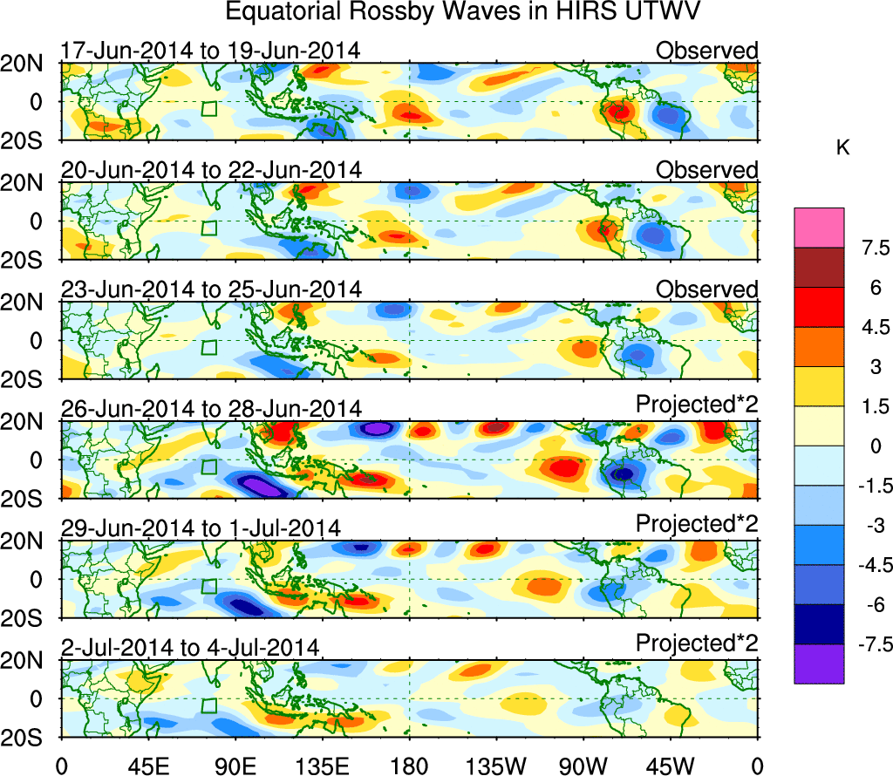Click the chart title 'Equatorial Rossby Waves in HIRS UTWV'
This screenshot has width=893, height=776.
(x=446, y=12)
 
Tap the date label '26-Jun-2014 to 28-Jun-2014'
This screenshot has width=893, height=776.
(x=210, y=408)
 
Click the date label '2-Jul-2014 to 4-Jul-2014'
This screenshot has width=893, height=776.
(x=191, y=647)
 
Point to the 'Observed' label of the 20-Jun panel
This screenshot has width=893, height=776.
(x=706, y=170)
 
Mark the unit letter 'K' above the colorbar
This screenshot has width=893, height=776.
(x=842, y=149)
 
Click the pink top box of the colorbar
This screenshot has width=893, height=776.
(x=819, y=228)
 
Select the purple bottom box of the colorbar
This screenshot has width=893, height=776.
(x=819, y=664)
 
